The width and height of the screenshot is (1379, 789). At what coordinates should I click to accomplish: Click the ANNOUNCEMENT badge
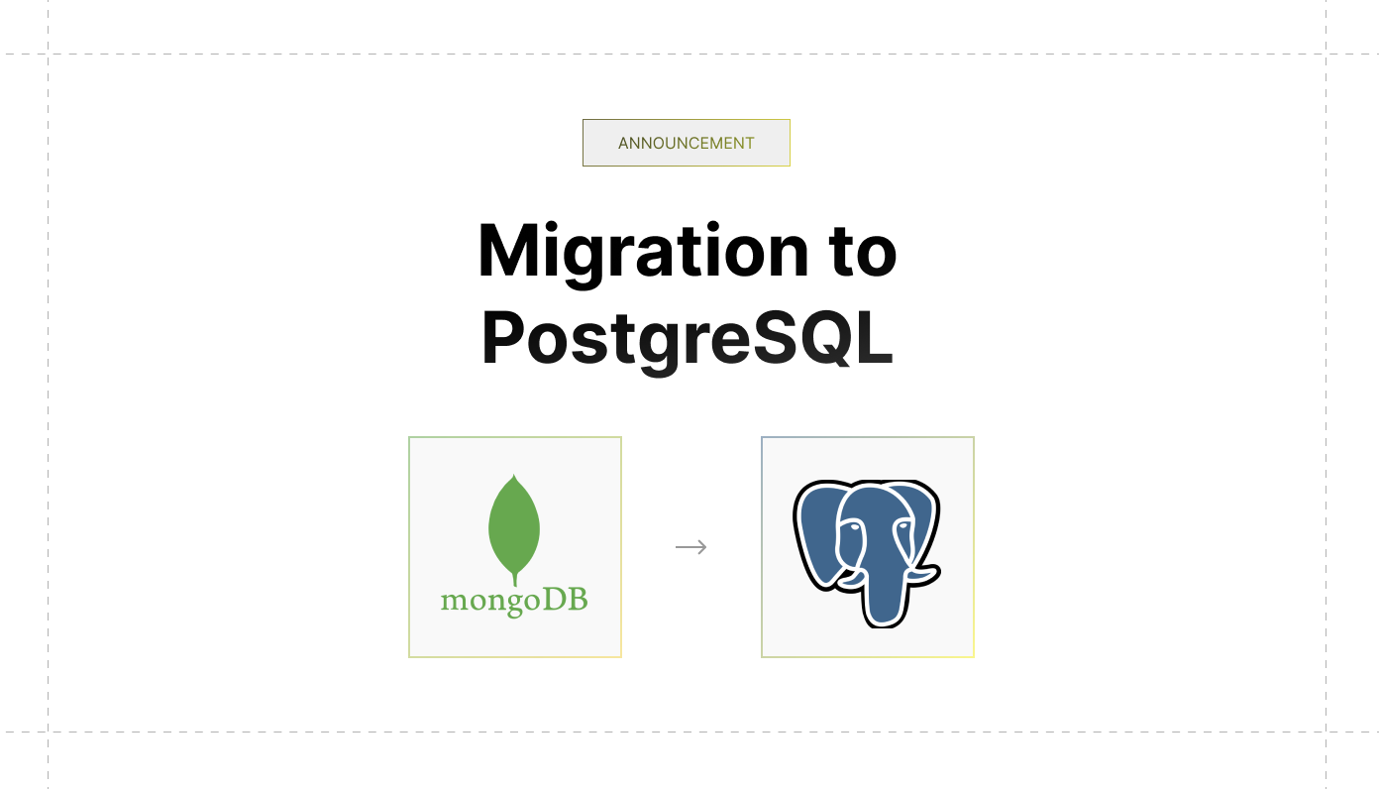tap(686, 143)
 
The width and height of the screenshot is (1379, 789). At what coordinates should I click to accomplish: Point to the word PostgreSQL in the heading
tap(687, 339)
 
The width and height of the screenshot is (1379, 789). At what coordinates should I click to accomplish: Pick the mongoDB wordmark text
tap(514, 600)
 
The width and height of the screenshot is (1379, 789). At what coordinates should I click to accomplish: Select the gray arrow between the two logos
tap(690, 547)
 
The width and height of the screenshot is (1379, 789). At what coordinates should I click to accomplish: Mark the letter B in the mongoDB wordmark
tap(577, 600)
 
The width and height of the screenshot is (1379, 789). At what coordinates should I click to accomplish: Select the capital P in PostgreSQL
tap(503, 339)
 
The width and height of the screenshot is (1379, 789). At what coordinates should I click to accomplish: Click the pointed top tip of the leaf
tap(513, 477)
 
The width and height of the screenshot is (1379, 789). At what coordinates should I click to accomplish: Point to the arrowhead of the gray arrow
tap(703, 547)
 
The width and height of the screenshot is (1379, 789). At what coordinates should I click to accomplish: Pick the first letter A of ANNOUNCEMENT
tap(624, 143)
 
